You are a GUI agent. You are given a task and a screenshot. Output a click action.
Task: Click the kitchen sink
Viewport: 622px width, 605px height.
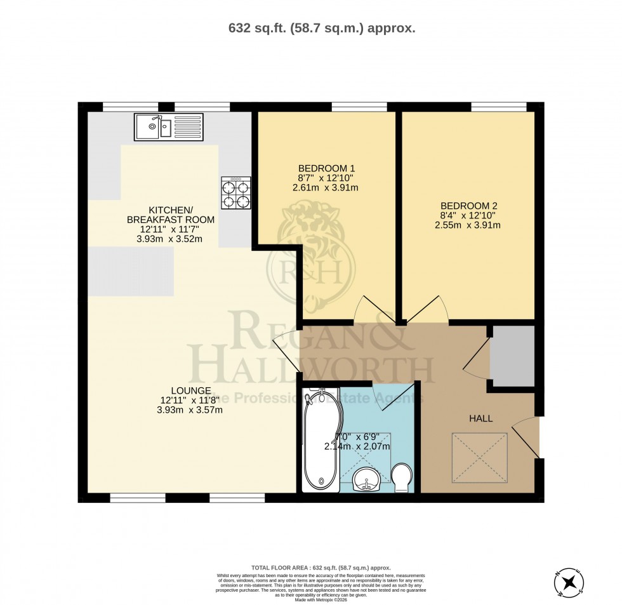pyautogui.click(x=168, y=127)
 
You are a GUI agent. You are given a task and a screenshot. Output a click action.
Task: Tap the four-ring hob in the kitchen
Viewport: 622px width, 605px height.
pyautogui.click(x=235, y=193)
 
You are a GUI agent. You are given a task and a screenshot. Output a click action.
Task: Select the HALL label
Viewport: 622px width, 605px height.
pyautogui.click(x=480, y=418)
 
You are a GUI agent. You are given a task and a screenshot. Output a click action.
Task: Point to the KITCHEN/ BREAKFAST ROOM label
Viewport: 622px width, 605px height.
pyautogui.click(x=171, y=215)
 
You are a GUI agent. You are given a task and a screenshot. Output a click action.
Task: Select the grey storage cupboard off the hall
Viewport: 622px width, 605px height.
pyautogui.click(x=512, y=356)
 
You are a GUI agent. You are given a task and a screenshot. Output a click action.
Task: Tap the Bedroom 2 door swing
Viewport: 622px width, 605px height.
pyautogui.click(x=427, y=309)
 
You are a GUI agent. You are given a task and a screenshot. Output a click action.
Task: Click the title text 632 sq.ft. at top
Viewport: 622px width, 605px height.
pyautogui.click(x=321, y=28)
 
